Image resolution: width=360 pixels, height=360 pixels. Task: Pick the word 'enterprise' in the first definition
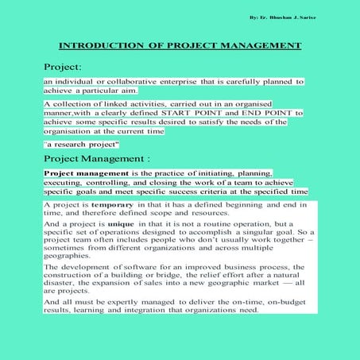point(180,82)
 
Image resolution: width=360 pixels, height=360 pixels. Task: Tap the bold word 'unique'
point(108,225)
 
